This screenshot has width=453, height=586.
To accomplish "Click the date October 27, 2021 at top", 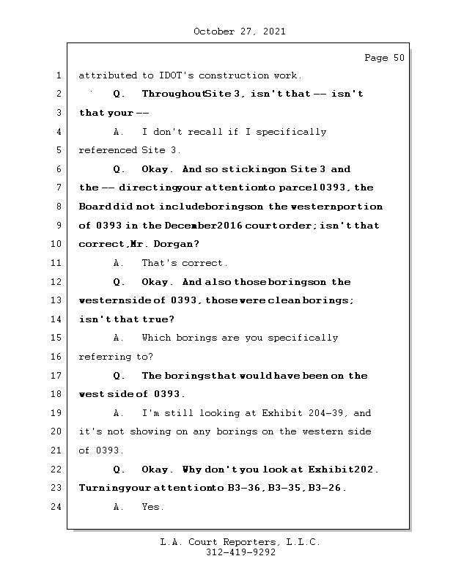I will [239, 31].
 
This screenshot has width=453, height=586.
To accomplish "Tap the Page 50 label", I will [384, 58].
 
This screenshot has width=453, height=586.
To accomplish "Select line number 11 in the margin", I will [57, 263].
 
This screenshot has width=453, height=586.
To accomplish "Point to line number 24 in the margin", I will [57, 507].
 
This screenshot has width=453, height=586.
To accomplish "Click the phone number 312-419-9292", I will [240, 553].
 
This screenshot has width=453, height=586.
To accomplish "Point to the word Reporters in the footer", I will [240, 543].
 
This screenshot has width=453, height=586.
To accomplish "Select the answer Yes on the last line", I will [152, 507].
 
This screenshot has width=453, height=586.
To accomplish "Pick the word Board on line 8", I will [94, 207].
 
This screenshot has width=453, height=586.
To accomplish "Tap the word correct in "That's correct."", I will [205, 263].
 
